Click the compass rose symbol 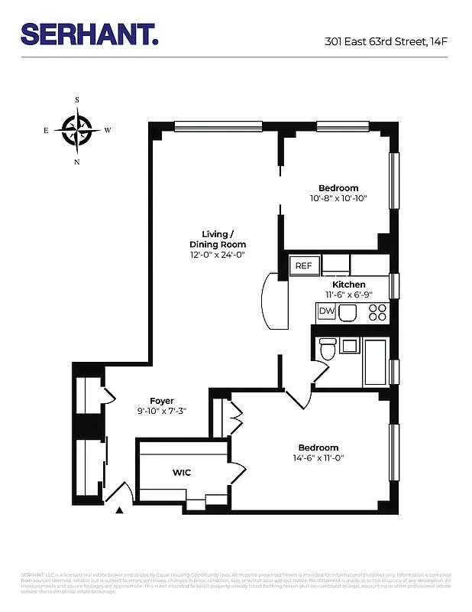[x=77, y=130]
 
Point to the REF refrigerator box [x=304, y=265]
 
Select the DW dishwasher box [x=326, y=311]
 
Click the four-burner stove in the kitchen [x=377, y=311]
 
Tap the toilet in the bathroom [x=328, y=350]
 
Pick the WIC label [x=181, y=473]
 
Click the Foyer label [x=162, y=401]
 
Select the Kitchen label [x=348, y=285]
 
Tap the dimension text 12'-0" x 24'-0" [x=218, y=255]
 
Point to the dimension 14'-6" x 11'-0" [x=318, y=458]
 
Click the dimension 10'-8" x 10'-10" [x=338, y=198]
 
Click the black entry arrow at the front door [x=118, y=511]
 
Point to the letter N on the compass [x=77, y=162]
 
